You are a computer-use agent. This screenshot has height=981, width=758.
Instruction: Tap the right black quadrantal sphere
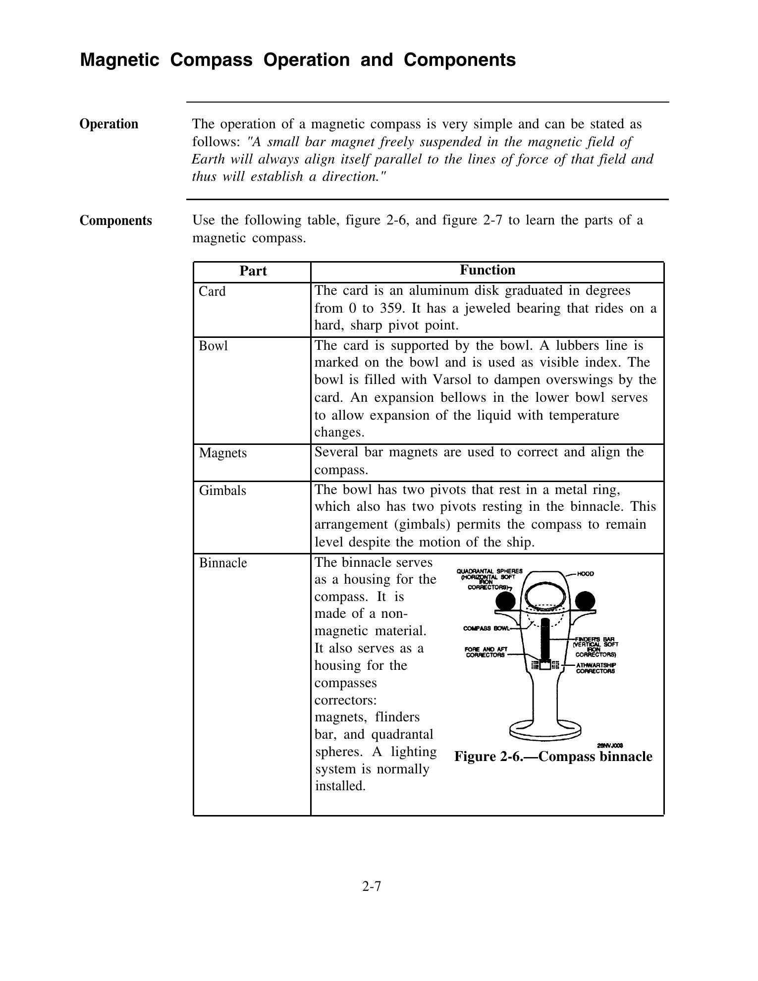pos(585,601)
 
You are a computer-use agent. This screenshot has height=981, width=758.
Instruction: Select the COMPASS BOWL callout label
pos(486,628)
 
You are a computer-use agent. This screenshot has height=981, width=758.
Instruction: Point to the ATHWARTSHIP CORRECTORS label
pos(595,668)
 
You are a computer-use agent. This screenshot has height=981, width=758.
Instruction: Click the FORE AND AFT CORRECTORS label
pos(486,652)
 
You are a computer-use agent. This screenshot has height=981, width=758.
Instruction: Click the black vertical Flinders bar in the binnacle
pos(545,639)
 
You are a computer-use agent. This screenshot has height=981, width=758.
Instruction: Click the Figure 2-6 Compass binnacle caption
pos(553,757)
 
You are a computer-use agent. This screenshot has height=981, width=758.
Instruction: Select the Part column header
pos(253,271)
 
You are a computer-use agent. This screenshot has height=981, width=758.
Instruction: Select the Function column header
pos(487,270)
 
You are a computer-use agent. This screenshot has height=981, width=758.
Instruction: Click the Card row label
pos(212,291)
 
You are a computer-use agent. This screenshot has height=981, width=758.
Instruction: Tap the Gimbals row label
pos(222,490)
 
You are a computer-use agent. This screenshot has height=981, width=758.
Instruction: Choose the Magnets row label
pos(222,453)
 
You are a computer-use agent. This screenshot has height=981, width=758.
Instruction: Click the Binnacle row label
pos(223,563)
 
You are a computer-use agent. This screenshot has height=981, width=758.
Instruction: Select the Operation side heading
pos(109,124)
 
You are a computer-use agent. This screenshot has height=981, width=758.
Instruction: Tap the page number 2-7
pos(372,887)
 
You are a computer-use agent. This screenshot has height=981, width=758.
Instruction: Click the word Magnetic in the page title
pos(119,60)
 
